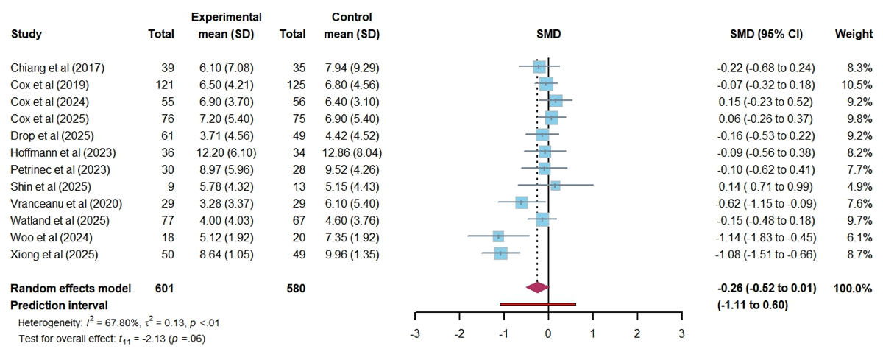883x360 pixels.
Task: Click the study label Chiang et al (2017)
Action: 57,68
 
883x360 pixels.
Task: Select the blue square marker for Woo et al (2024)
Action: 498,236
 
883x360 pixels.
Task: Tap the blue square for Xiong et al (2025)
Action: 501,255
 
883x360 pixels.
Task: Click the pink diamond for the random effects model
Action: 537,288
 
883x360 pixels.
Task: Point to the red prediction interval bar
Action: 537,303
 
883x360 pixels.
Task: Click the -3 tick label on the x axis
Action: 415,333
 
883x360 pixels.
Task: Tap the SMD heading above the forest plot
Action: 548,34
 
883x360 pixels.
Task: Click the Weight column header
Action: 854,34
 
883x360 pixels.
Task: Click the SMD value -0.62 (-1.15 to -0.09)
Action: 766,202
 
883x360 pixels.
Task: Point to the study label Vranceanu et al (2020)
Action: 66,202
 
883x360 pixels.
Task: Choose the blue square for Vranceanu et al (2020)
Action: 521,202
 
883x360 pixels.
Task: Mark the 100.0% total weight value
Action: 853,288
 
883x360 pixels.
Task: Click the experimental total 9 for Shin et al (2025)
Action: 171,186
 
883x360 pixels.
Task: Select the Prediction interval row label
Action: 59,304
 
